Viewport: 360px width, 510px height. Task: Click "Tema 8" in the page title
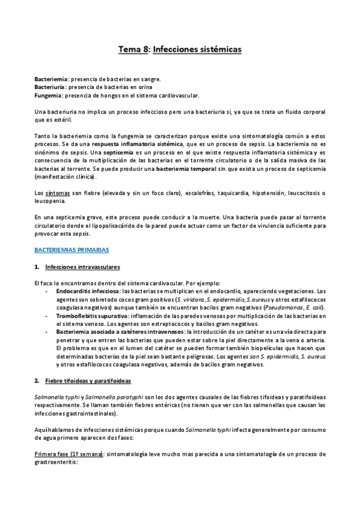tap(134, 51)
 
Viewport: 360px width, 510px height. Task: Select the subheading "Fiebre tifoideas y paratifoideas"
tap(88, 381)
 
